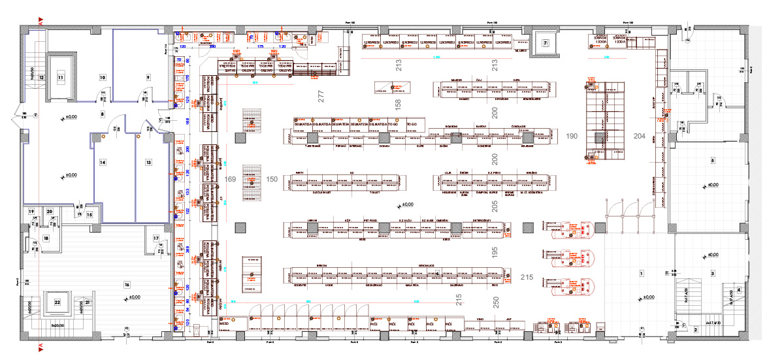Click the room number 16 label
tap(127, 284)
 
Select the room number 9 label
tap(148, 77)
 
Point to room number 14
tap(103, 161)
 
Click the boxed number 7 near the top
tap(546, 43)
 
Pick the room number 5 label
tap(713, 160)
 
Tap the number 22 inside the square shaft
tap(57, 302)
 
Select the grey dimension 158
tap(398, 103)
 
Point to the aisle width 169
tap(230, 178)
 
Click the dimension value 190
tap(572, 136)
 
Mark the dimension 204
tap(639, 136)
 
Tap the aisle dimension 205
tap(494, 206)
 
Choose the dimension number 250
tap(497, 303)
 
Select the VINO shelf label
tap(480, 319)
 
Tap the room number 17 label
tap(156, 238)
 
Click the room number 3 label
tap(713, 272)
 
